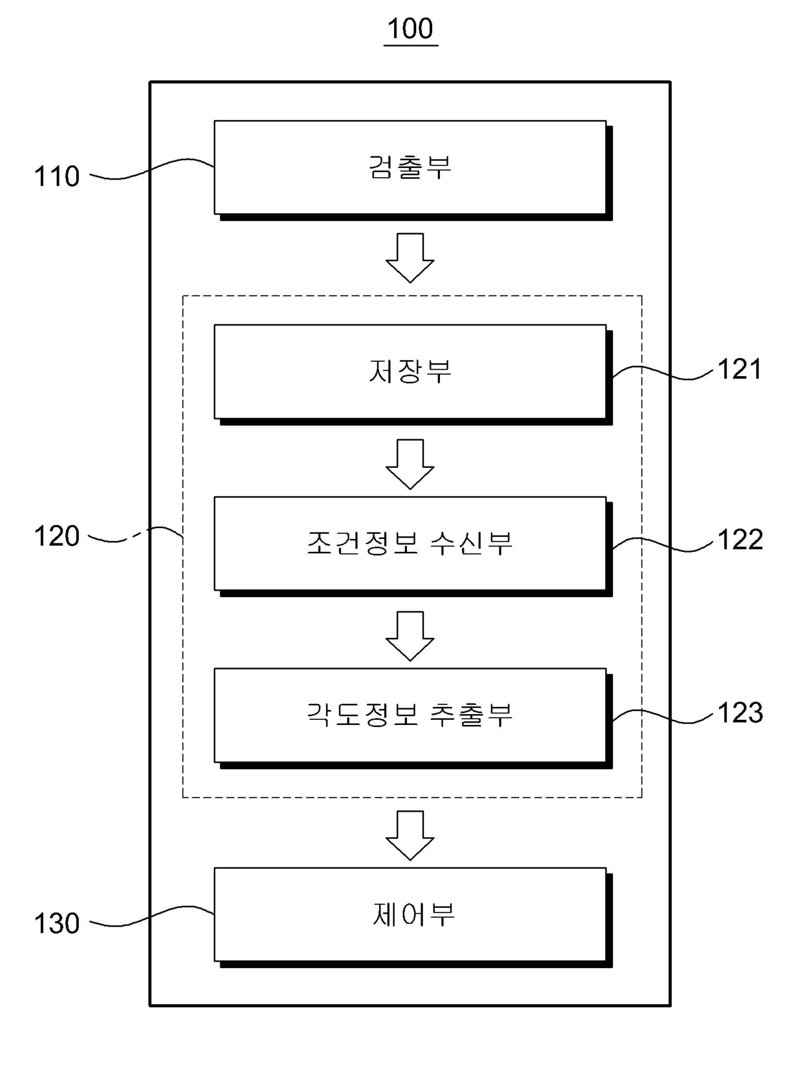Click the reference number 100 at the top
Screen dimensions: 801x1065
[410, 28]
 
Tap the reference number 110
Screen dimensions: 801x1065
[57, 176]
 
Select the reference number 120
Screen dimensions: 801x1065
[57, 536]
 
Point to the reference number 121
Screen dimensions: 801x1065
[740, 369]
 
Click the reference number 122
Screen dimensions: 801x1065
[740, 540]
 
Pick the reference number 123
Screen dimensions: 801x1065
[740, 713]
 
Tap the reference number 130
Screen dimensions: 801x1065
[57, 923]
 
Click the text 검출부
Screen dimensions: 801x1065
[410, 167]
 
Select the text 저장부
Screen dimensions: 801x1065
[410, 371]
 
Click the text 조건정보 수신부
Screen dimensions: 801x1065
[410, 542]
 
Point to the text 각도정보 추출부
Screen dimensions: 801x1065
[410, 714]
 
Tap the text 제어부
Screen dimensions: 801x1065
[413, 914]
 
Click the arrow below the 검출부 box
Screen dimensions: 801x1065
[410, 258]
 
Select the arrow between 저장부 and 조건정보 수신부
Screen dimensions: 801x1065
[410, 464]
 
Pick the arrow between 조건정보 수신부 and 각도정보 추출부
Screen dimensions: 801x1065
[410, 636]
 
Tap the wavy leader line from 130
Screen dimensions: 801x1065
[152, 916]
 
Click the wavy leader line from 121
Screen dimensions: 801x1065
[662, 373]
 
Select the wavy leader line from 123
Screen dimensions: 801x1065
[662, 716]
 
